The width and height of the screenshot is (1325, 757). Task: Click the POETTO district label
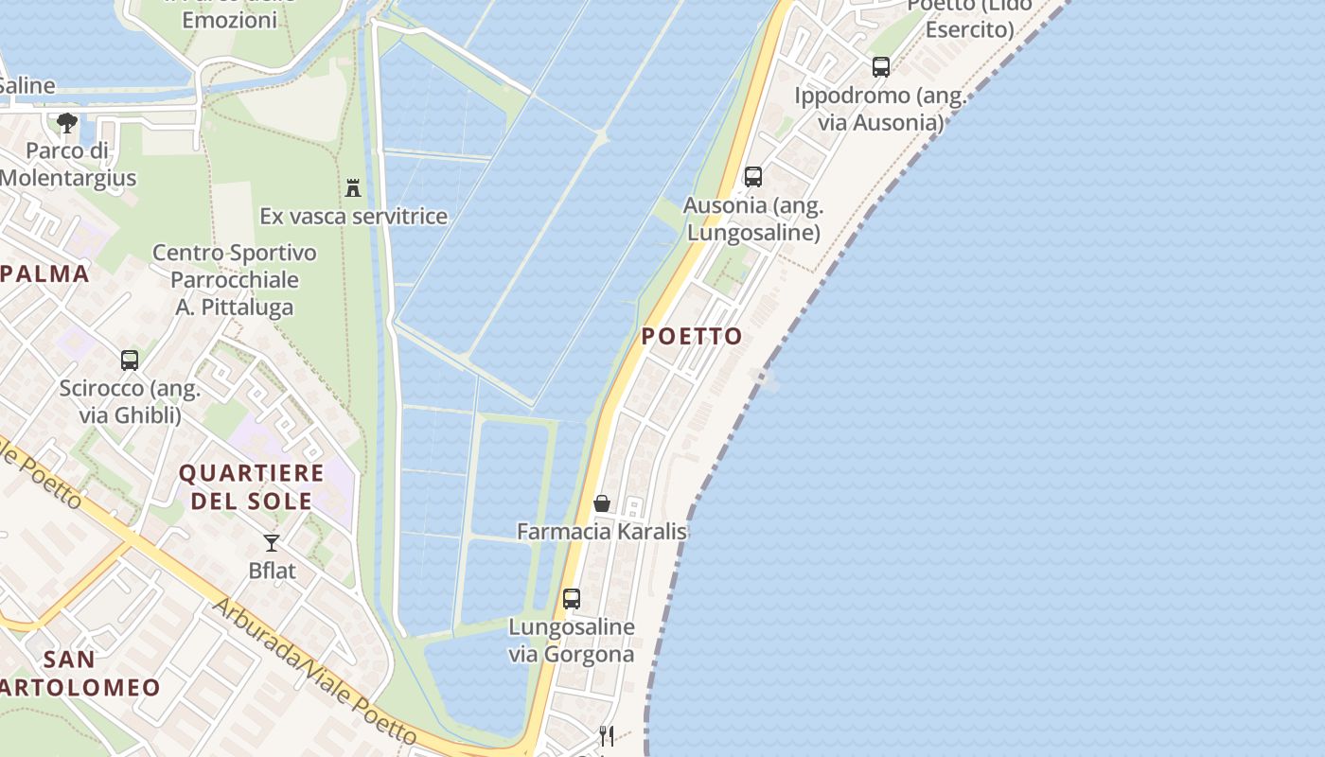(692, 336)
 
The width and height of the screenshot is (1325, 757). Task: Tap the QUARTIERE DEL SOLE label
(252, 486)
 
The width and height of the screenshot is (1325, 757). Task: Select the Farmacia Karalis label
(602, 531)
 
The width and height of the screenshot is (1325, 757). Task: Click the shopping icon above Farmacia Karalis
(602, 503)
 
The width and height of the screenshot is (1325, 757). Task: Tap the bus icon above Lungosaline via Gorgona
(572, 599)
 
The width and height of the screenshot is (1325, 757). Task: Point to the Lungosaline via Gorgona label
(572, 641)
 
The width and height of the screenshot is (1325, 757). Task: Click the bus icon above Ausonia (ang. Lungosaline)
(753, 177)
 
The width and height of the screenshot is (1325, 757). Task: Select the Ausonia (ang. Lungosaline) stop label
(753, 219)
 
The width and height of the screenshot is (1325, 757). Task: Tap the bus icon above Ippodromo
(881, 67)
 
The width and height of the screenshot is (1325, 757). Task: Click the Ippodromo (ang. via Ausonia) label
(880, 109)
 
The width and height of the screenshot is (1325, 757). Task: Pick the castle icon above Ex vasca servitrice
(353, 188)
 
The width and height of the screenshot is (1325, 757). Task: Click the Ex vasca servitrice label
(353, 216)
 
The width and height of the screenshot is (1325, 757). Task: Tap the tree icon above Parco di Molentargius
(66, 122)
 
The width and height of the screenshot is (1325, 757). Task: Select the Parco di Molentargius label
(68, 164)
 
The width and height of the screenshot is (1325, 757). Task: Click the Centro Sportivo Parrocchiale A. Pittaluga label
(235, 280)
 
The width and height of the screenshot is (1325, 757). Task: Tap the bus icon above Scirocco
(130, 361)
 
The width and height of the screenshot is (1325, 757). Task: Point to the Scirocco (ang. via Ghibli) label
(130, 402)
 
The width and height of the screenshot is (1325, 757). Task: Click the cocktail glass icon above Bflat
(272, 543)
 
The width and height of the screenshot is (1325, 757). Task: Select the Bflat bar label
(272, 571)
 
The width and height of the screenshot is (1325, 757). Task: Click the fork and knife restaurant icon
(607, 735)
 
